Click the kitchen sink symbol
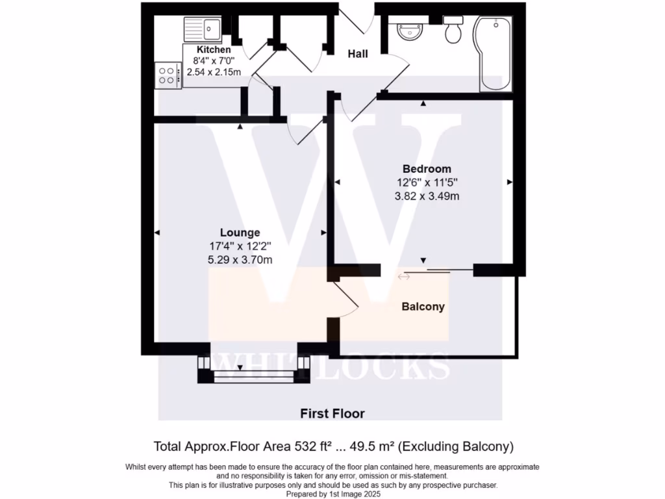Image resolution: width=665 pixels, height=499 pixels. [203, 29]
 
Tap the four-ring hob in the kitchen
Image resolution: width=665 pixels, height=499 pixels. [168, 75]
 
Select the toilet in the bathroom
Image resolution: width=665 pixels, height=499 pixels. [453, 31]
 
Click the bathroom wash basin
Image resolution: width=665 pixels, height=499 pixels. [410, 30]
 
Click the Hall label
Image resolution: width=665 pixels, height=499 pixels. [358, 54]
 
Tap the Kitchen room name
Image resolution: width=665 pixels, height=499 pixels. [214, 50]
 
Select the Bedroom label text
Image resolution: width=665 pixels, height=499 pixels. [427, 169]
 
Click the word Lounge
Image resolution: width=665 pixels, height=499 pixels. [240, 232]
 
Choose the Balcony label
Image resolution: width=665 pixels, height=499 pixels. [423, 307]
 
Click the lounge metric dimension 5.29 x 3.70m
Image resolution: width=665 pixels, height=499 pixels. [240, 260]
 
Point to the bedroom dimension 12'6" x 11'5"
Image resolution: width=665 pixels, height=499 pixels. [427, 183]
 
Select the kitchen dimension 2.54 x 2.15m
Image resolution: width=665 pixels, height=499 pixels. [214, 72]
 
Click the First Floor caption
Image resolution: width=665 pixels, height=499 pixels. [332, 413]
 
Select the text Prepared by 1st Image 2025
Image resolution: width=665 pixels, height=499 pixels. [332, 494]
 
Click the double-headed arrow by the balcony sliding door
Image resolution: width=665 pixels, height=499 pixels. [404, 277]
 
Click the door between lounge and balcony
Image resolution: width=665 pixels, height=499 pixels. [344, 299]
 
